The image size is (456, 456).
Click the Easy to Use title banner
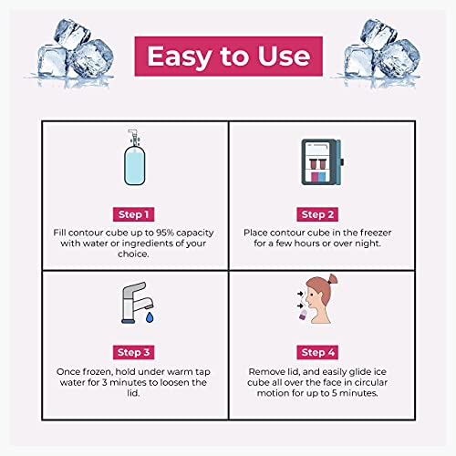[x=228, y=57]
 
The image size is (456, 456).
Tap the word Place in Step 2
[x=260, y=233]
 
